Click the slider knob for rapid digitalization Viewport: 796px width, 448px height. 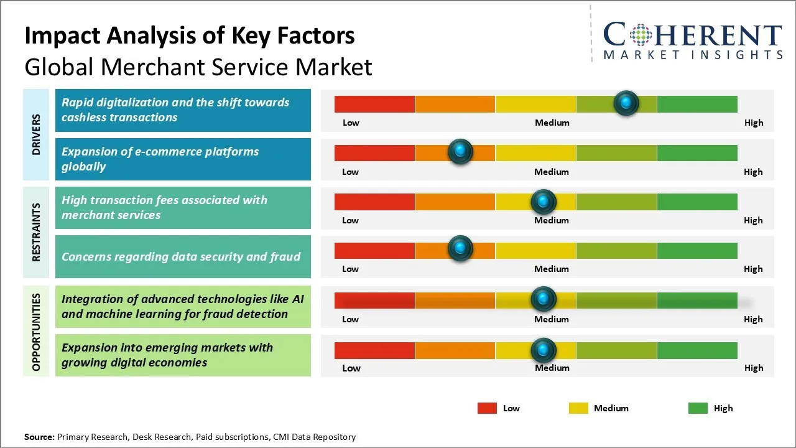(x=626, y=103)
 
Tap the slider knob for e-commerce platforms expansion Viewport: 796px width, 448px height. (x=460, y=151)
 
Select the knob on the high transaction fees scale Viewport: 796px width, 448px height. (x=544, y=201)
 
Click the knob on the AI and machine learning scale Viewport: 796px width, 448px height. (x=544, y=299)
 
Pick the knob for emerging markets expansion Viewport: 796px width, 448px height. (x=544, y=350)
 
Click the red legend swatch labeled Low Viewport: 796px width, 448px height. (x=487, y=408)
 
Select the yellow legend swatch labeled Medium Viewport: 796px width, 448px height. (x=578, y=408)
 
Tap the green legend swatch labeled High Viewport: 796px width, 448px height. (x=698, y=408)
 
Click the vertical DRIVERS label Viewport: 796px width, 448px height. (x=36, y=134)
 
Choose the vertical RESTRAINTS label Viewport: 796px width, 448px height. (x=36, y=232)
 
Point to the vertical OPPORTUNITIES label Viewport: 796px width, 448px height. (x=36, y=332)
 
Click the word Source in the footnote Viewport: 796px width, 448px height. (x=39, y=437)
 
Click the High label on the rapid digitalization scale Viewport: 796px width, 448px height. (x=753, y=123)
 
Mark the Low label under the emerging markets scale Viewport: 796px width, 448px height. (x=351, y=368)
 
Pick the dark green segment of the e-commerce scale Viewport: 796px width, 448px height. (x=697, y=152)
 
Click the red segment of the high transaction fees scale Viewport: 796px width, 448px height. (x=374, y=202)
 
